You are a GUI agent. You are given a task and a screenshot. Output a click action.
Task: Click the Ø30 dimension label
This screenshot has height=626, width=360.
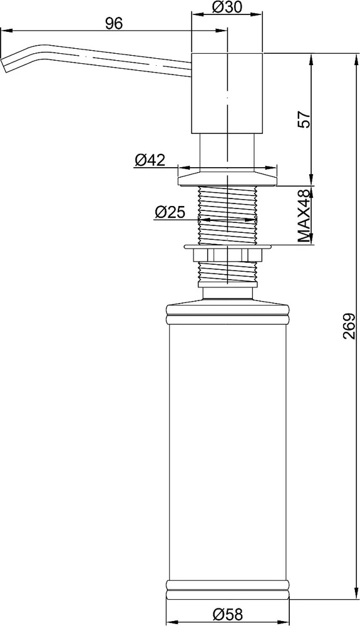pyautogui.click(x=227, y=7)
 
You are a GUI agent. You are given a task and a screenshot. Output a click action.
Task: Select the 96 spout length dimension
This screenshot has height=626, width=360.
pyautogui.click(x=114, y=24)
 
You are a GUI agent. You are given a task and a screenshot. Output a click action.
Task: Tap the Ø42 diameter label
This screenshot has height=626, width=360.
pyautogui.click(x=150, y=160)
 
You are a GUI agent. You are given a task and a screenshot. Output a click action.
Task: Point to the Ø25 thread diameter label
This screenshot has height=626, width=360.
pyautogui.click(x=170, y=213)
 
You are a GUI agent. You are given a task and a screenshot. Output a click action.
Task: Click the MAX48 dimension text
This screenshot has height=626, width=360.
pyautogui.click(x=304, y=216)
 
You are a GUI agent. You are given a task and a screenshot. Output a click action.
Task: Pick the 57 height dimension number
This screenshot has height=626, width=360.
pyautogui.click(x=304, y=119)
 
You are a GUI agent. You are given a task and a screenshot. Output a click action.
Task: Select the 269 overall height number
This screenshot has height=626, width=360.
pyautogui.click(x=349, y=326)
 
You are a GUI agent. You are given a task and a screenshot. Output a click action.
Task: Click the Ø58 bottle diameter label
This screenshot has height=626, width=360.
pyautogui.click(x=227, y=615)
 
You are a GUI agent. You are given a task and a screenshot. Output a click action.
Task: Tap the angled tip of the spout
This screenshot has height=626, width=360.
pyautogui.click(x=5, y=64)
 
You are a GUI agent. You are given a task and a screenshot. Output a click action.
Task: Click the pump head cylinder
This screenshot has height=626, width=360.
pyautogui.click(x=227, y=93)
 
